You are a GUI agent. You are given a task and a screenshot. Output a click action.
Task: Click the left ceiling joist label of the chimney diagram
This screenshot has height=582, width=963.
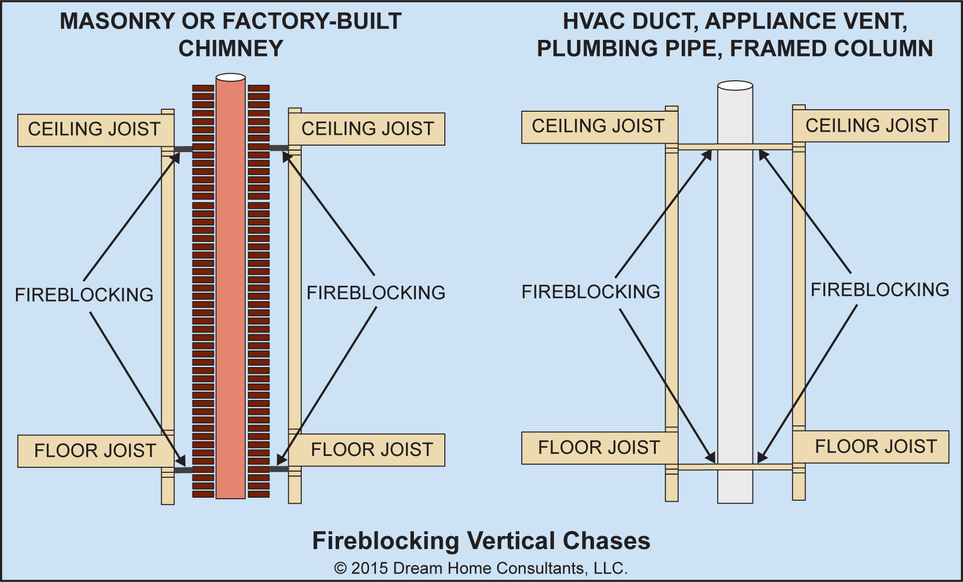(x=95, y=130)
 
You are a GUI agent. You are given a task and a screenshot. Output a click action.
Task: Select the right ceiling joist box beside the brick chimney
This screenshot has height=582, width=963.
(x=368, y=129)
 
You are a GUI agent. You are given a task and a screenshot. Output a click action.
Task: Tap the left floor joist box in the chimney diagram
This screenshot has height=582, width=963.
(x=95, y=451)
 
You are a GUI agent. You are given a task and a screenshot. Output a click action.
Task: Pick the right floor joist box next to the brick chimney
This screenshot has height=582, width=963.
(x=372, y=450)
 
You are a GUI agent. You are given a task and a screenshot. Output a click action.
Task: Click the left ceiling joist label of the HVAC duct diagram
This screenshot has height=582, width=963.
(x=598, y=126)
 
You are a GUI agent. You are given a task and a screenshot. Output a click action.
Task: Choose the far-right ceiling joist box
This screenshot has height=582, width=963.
(x=871, y=126)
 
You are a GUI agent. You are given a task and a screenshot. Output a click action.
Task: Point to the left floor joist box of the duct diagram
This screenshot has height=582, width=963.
(x=598, y=448)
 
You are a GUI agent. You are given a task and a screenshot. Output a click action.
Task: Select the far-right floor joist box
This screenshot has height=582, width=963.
(x=875, y=447)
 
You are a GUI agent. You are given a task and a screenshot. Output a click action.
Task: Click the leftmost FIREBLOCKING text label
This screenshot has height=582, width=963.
(x=84, y=295)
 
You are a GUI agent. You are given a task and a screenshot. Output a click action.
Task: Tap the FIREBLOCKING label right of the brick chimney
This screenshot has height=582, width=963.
(x=376, y=293)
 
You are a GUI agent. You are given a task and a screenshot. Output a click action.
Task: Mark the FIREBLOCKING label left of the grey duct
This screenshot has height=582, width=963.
(x=590, y=292)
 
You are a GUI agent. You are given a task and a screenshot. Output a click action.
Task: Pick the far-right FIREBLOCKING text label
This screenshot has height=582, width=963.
(x=880, y=290)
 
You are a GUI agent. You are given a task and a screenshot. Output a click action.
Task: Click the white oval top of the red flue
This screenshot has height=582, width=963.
(x=230, y=77)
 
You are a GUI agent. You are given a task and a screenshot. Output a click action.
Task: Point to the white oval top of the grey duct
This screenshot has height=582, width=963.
(x=735, y=86)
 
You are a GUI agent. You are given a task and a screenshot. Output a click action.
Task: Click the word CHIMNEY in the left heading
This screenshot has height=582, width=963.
(x=230, y=49)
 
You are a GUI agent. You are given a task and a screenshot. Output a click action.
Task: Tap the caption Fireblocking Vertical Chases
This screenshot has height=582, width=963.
(x=481, y=541)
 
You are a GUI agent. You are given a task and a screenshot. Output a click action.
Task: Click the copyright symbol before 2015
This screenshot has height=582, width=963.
(x=340, y=569)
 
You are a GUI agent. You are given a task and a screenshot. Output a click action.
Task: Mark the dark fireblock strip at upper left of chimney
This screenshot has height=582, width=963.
(x=183, y=149)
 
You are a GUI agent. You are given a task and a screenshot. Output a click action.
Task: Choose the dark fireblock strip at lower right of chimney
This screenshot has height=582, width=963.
(x=279, y=469)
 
